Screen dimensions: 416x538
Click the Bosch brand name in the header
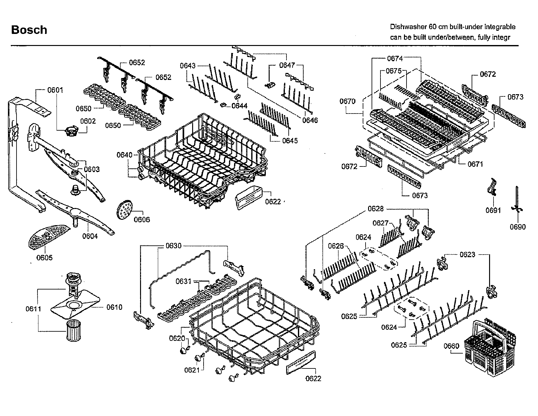point(29,30)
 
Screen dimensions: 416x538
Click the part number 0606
point(142,219)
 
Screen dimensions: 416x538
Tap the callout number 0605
point(44,257)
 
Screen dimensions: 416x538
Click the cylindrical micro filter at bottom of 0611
point(73,330)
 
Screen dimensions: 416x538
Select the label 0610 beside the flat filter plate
point(114,307)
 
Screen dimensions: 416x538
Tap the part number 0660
point(451,346)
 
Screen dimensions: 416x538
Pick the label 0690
point(518,227)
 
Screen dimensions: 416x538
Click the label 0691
point(493,210)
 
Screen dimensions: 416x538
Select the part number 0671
point(475,164)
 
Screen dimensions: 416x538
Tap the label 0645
point(290,140)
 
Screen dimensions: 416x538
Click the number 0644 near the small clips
point(239,106)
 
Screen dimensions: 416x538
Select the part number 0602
point(88,121)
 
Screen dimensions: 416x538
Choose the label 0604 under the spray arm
point(90,236)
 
